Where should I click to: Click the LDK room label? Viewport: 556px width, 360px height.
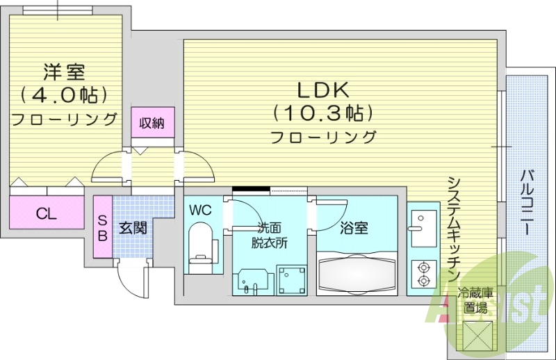pos(323,90)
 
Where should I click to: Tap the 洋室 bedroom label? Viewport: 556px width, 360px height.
pos(63,72)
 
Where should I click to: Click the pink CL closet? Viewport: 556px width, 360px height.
pos(47,213)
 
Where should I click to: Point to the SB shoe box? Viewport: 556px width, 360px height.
pos(103,227)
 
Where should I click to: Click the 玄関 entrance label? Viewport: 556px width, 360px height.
pos(132,227)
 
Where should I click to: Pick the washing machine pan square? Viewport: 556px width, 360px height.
pos(292,280)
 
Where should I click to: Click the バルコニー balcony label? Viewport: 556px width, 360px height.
pos(528,201)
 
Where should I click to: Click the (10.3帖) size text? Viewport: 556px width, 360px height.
pos(323,111)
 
